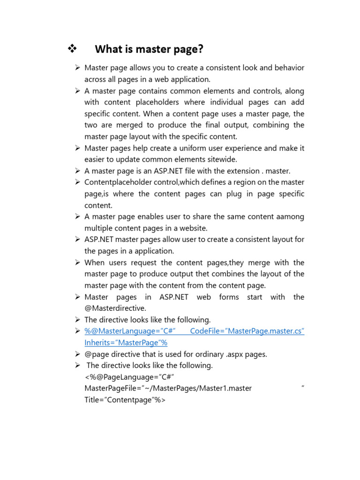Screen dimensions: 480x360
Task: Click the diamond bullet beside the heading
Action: (x=73, y=48)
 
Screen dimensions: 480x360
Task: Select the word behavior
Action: (x=287, y=68)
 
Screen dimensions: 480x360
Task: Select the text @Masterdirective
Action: (x=115, y=308)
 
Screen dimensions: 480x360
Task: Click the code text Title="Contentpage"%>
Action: (x=125, y=400)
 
